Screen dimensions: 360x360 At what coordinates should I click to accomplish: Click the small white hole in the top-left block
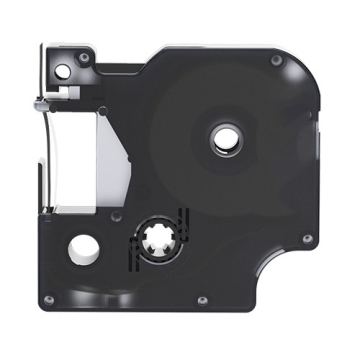tap(66, 71)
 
